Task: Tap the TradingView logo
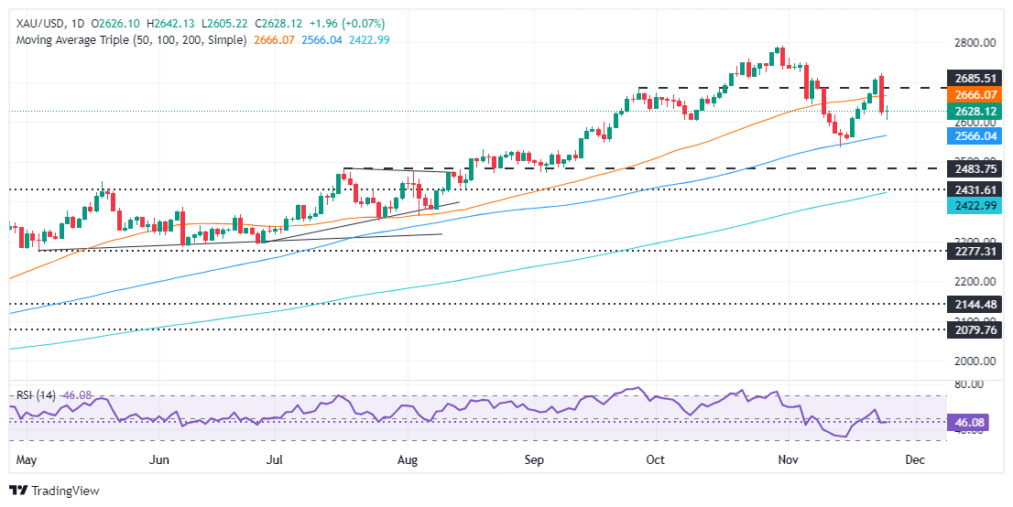pos(54,491)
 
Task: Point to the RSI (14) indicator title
pos(37,395)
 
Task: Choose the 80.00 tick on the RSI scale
pos(973,384)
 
